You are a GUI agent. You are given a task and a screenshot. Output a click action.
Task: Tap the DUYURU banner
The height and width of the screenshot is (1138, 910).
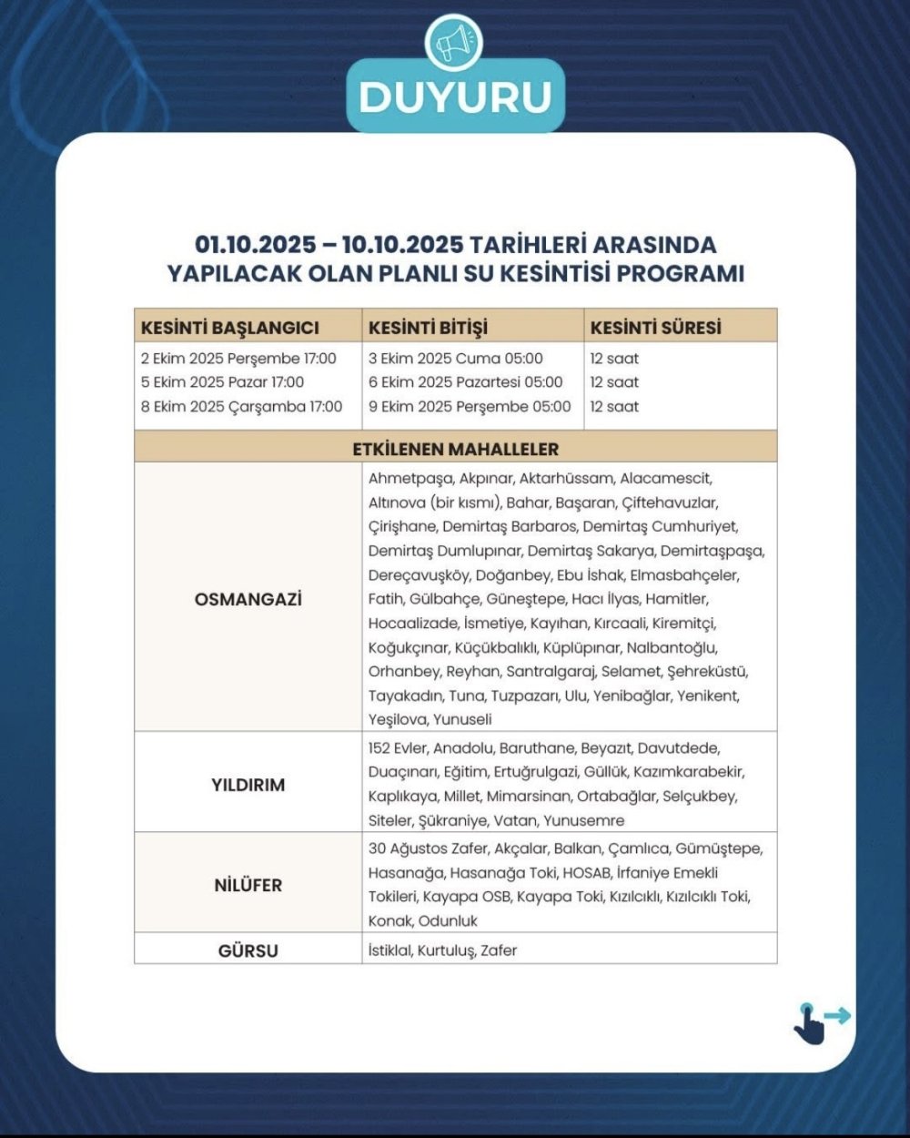pyautogui.click(x=455, y=97)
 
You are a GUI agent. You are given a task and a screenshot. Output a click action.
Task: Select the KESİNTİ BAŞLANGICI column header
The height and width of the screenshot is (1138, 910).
pyautogui.click(x=229, y=327)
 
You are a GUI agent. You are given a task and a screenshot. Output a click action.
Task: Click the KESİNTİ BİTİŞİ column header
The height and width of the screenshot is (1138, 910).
pyautogui.click(x=427, y=327)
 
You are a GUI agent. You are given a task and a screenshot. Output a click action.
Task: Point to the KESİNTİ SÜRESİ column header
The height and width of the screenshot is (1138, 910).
pyautogui.click(x=655, y=327)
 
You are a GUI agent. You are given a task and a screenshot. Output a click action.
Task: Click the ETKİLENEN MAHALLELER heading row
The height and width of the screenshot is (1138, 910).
pyautogui.click(x=455, y=449)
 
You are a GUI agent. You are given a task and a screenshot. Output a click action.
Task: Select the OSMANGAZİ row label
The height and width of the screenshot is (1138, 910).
pyautogui.click(x=248, y=599)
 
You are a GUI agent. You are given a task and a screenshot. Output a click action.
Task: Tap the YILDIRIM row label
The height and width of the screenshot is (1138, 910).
pyautogui.click(x=248, y=785)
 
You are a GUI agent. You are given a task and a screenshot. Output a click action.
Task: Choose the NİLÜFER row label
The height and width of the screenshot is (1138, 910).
pyautogui.click(x=248, y=885)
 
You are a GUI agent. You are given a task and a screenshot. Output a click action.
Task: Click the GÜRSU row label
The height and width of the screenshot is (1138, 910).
pyautogui.click(x=248, y=950)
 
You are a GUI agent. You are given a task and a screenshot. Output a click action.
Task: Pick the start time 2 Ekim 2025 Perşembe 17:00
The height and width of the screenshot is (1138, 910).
pyautogui.click(x=238, y=359)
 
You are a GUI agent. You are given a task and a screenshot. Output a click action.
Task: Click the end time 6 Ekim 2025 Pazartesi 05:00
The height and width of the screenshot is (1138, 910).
pyautogui.click(x=465, y=382)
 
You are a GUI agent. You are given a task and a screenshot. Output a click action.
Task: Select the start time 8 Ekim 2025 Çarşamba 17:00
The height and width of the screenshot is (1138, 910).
pyautogui.click(x=241, y=407)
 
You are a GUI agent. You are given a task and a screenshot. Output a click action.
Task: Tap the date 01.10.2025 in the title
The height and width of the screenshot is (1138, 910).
pyautogui.click(x=256, y=246)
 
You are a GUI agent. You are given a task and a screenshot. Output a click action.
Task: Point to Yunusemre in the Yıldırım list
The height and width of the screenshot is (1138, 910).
pyautogui.click(x=583, y=820)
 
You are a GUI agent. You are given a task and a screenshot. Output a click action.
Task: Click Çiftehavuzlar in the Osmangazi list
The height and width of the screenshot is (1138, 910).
pyautogui.click(x=670, y=503)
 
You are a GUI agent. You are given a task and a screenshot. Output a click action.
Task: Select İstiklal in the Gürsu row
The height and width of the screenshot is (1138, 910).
pyautogui.click(x=389, y=950)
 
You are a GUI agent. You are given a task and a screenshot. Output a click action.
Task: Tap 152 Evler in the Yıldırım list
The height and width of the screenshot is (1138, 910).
pyautogui.click(x=397, y=748)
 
